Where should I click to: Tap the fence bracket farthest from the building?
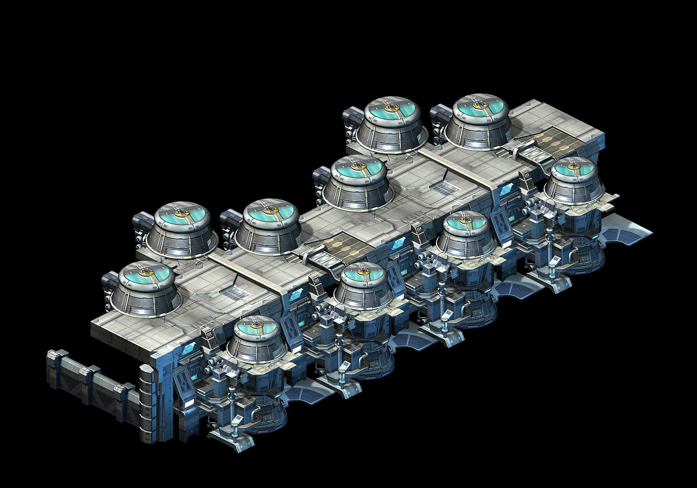pyautogui.click(x=54, y=356)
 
